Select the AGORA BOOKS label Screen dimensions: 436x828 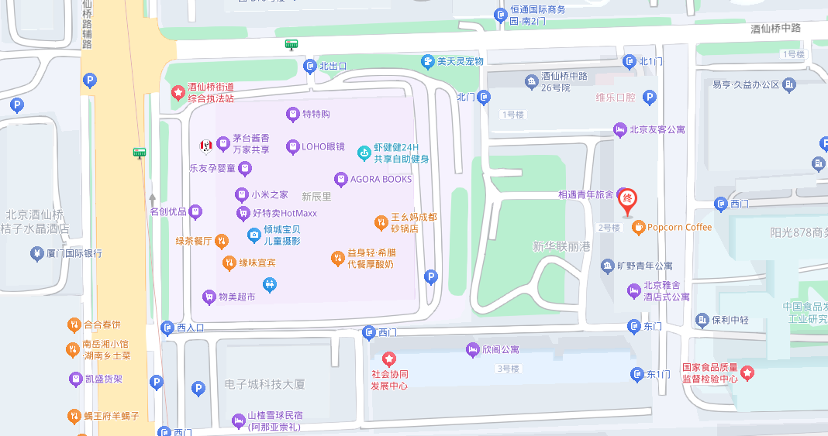click(381, 179)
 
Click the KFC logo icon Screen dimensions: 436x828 click(206, 144)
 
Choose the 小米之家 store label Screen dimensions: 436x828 click(269, 195)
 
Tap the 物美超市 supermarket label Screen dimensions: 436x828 click(236, 297)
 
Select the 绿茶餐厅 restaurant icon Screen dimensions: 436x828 click(222, 241)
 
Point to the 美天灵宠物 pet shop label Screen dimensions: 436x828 click(460, 61)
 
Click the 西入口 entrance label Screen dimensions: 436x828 click(190, 328)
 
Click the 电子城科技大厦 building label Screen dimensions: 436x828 click(264, 384)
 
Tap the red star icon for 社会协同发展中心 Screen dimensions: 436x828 click(389, 359)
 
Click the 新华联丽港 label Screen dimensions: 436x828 click(561, 246)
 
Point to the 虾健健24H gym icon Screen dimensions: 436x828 click(364, 153)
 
